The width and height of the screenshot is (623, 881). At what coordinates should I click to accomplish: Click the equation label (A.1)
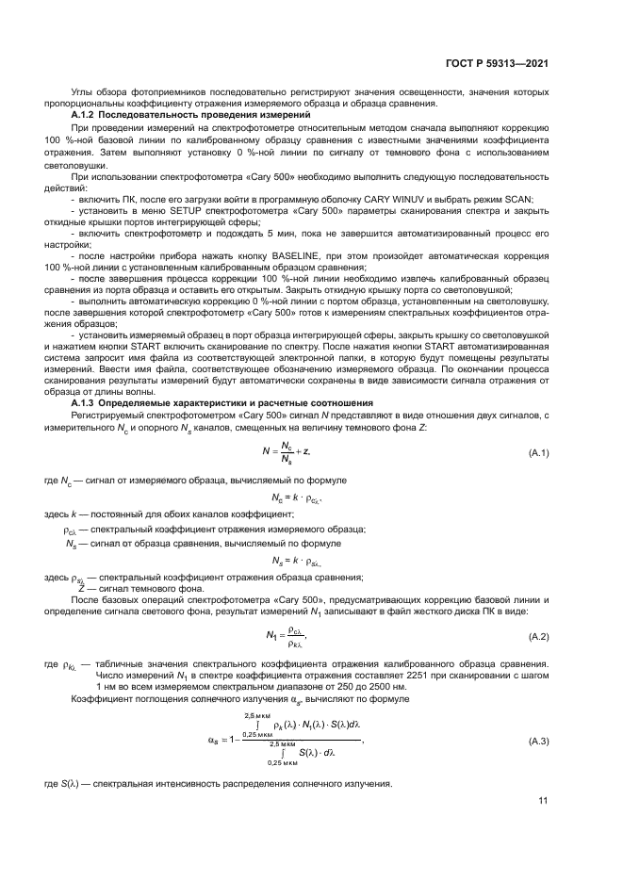[x=539, y=453]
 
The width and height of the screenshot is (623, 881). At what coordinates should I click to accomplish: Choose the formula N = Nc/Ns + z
[x=288, y=453]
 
